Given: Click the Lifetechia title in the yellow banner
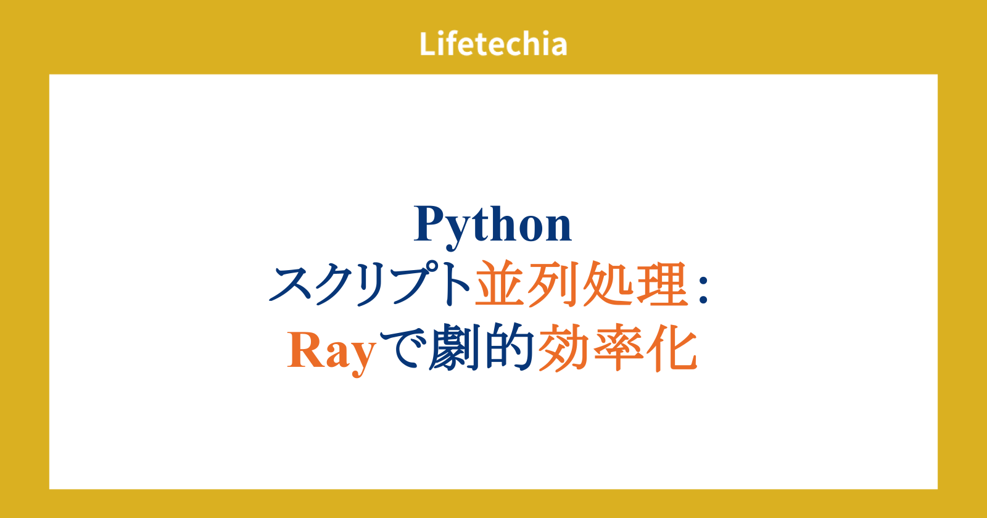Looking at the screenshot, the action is coord(493,44).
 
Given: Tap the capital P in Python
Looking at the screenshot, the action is coord(430,223).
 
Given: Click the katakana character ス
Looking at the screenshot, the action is coord(292,284).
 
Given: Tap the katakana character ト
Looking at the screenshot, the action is coord(458,284).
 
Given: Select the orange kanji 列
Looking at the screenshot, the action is coord(553,284).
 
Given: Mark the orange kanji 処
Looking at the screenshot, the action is coord(607,284).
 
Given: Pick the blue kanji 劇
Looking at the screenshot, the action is coord(455,347).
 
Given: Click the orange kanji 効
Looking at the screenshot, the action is coord(563,348).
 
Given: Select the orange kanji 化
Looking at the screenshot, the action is coord(672,348).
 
